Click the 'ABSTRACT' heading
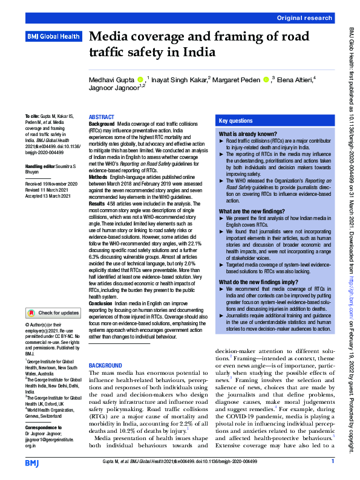[102, 117]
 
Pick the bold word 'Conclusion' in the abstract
[102, 302]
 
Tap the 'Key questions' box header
[236, 121]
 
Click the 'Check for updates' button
[53, 313]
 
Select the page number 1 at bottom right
[333, 462]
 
